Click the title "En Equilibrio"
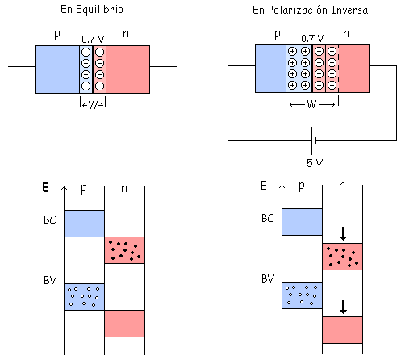tap(92, 10)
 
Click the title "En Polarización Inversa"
tap(310, 10)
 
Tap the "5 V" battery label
tap(315, 163)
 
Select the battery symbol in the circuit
tap(314, 140)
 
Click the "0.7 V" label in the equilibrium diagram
tap(93, 40)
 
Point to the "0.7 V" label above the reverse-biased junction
tap(312, 39)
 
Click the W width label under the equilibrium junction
tap(93, 105)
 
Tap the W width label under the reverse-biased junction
tap(311, 104)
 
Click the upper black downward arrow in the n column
tap(343, 233)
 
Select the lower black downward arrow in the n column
tap(343, 307)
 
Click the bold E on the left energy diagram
tap(45, 187)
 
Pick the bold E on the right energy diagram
tap(263, 186)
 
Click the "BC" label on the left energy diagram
tap(50, 220)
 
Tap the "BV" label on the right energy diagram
tap(268, 278)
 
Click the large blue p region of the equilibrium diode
tap(58, 69)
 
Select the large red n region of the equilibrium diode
tap(127, 69)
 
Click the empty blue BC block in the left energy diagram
tap(84, 224)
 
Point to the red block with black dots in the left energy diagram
tap(124, 250)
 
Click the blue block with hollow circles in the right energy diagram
tap(302, 295)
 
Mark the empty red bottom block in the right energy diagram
tap(342, 330)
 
